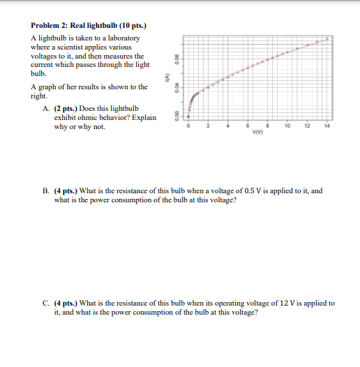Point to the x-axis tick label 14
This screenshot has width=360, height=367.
pyautogui.click(x=327, y=127)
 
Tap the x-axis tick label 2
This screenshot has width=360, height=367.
pyautogui.click(x=208, y=127)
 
